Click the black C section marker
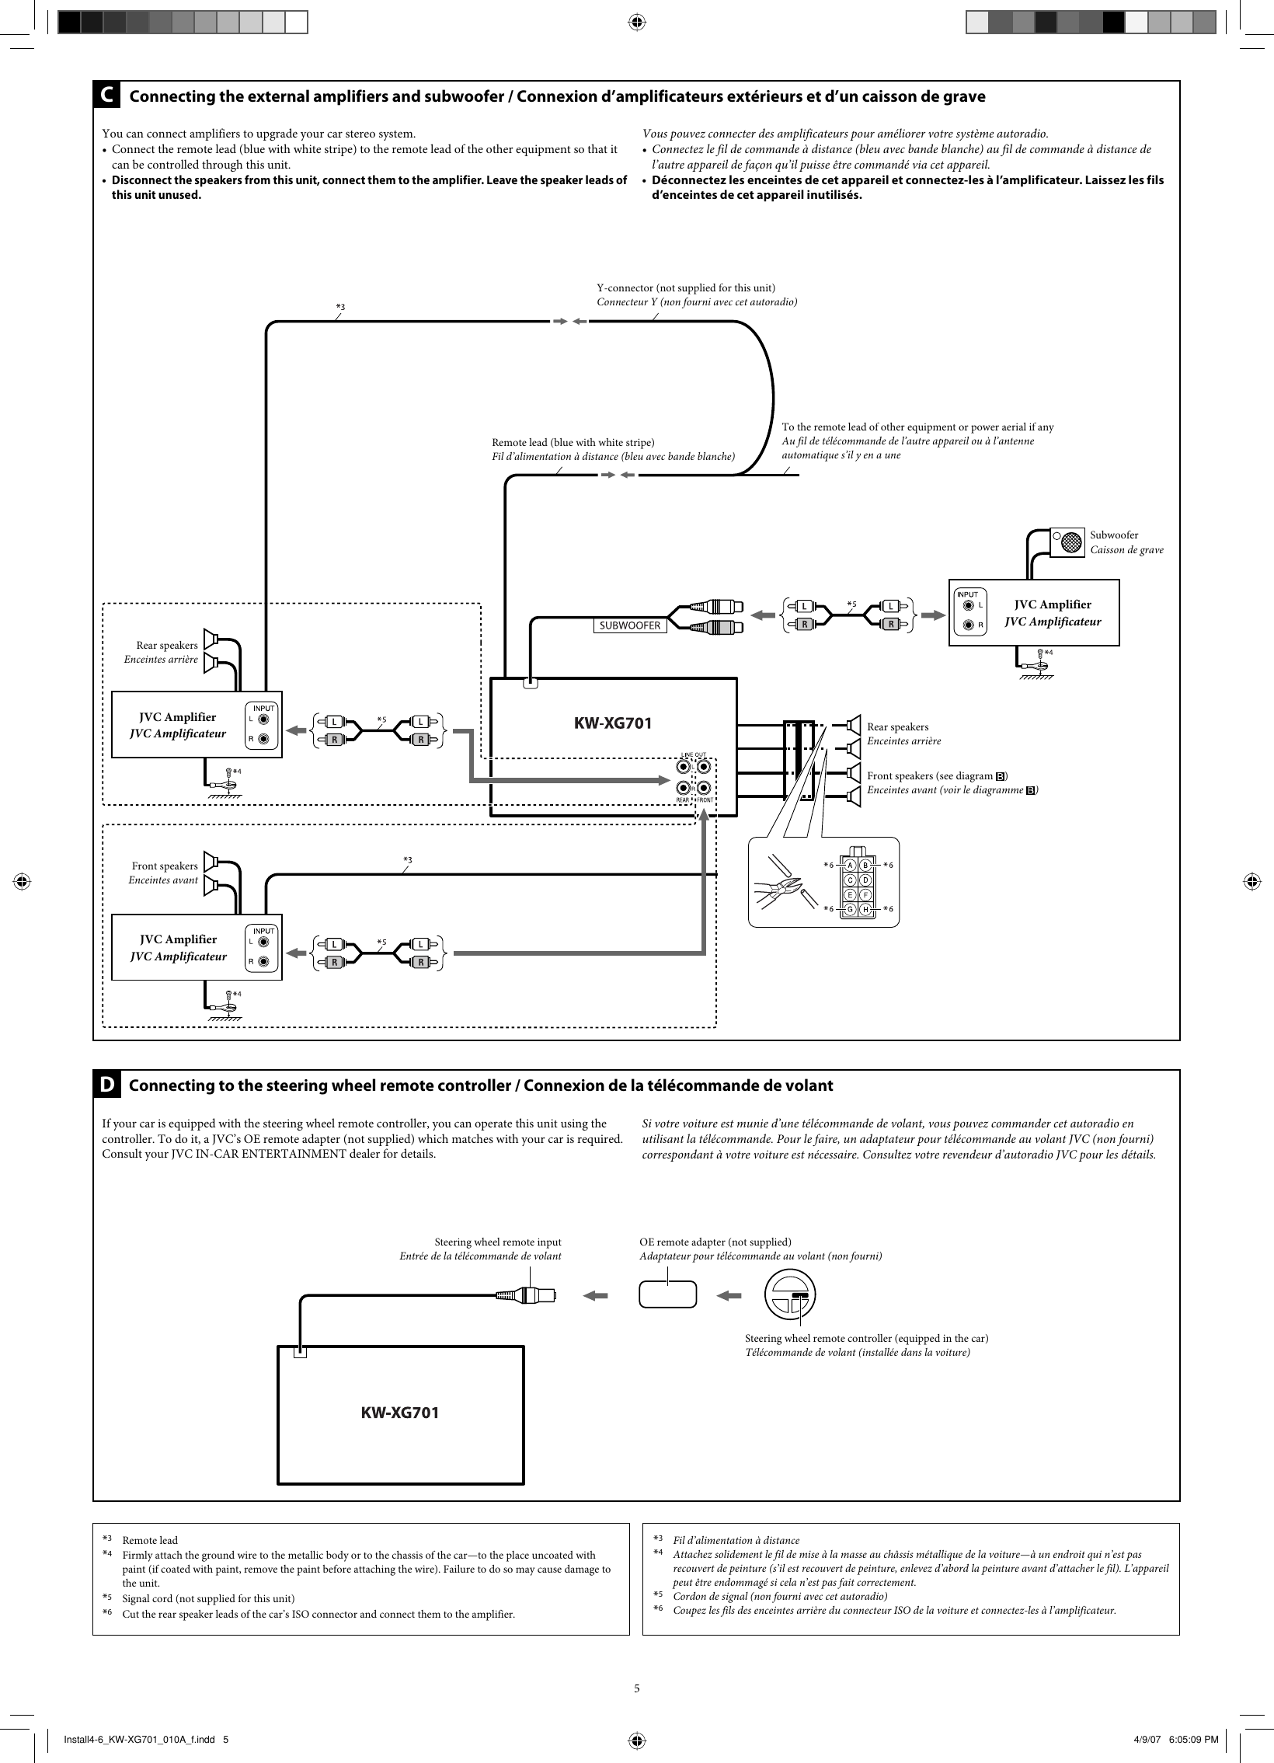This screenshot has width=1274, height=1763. point(106,96)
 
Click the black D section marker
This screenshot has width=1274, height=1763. point(107,1085)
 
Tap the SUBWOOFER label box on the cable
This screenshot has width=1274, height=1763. point(630,625)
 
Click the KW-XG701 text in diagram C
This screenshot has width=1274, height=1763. point(612,723)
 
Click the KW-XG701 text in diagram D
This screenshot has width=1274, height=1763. point(399,1413)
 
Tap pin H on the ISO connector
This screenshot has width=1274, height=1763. point(865,909)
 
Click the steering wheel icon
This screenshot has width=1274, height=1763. point(790,1295)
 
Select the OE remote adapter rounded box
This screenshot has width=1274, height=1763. point(668,1295)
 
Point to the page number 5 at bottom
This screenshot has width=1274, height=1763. point(636,1688)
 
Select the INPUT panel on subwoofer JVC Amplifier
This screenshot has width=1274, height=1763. point(969,613)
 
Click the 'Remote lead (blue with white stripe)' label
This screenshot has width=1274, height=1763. point(573,442)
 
